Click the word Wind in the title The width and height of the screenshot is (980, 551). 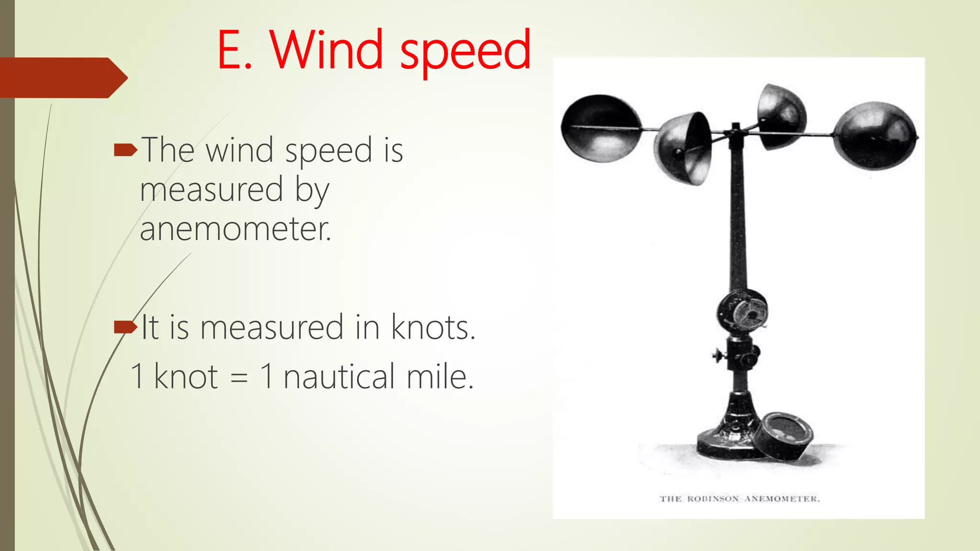(x=326, y=50)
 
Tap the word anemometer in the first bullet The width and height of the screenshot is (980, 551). (x=235, y=229)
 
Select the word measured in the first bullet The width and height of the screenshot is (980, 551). (x=212, y=190)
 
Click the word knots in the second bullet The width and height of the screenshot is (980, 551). (x=433, y=328)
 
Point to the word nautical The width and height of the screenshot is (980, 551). (x=339, y=377)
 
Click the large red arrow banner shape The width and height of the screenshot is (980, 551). (x=62, y=78)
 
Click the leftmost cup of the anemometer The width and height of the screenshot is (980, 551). (x=601, y=128)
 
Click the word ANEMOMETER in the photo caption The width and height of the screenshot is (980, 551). (x=782, y=499)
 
